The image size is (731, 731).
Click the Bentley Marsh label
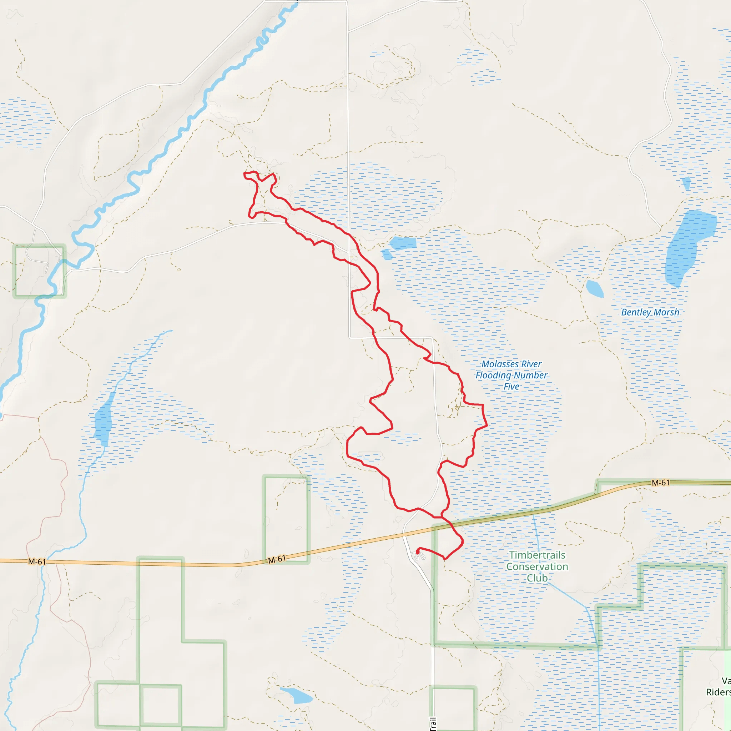click(x=650, y=312)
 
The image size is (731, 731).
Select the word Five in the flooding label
click(x=511, y=386)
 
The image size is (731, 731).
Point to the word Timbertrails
click(x=537, y=555)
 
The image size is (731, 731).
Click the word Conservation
click(x=537, y=566)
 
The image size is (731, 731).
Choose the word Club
click(x=537, y=578)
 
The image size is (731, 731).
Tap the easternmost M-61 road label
click(x=661, y=483)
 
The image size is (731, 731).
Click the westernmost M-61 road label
click(x=37, y=561)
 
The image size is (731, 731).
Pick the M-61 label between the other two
click(x=277, y=559)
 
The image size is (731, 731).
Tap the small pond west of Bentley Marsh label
click(x=594, y=289)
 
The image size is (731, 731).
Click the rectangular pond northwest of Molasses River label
click(x=403, y=243)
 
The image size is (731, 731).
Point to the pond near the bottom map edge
click(x=296, y=695)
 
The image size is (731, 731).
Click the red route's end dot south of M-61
click(x=417, y=552)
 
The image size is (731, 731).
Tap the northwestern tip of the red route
click(x=245, y=174)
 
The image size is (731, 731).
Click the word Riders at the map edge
click(x=718, y=692)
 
